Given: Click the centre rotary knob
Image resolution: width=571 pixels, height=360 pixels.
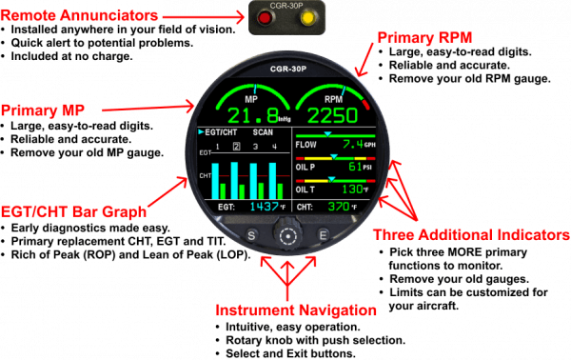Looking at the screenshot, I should click(286, 234).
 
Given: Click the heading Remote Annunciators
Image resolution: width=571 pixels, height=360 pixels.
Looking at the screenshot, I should click(80, 16).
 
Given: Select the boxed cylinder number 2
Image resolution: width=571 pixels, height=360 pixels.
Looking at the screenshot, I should click(236, 146).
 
